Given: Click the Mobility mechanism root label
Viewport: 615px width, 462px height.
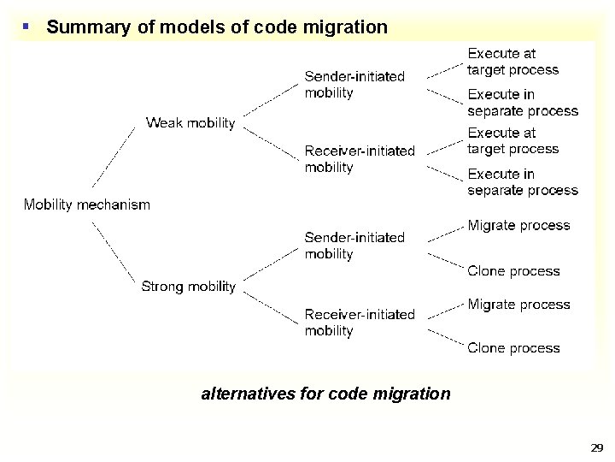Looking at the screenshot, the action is point(86,204).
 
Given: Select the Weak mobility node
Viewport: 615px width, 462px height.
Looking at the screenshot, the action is point(190,123).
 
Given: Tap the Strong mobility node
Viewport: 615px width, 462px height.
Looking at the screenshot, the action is point(188,287).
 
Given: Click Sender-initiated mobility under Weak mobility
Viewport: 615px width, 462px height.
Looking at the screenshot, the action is point(354,85).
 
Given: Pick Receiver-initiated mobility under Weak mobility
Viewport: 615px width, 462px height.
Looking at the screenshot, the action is point(360,159).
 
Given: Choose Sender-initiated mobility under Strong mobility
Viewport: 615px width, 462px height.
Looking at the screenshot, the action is point(354,246).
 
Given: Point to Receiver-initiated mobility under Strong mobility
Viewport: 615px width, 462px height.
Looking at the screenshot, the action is point(360,323).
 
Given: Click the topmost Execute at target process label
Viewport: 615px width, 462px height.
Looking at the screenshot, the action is point(512,62).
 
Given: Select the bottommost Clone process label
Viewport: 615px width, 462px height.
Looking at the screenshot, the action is point(513,348).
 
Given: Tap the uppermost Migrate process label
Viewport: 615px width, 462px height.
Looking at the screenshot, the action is point(518,226).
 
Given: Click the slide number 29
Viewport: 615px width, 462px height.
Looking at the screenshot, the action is point(597,447).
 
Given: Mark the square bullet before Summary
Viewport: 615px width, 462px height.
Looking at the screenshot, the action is point(26,27).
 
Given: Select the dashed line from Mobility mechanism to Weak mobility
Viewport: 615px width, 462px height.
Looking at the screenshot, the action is point(114,157).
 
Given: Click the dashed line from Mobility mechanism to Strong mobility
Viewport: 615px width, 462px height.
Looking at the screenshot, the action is point(114,252).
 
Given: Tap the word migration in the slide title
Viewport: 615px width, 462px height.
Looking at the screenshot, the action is point(346,27).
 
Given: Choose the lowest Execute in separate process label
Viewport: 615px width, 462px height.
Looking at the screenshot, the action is point(523,182).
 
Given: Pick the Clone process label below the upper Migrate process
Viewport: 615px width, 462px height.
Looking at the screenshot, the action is point(513,271).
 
